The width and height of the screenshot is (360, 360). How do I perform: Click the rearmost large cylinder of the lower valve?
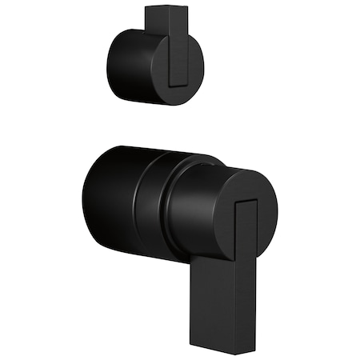pos(108,200)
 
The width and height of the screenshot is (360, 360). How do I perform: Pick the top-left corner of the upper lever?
pos(146,7)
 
